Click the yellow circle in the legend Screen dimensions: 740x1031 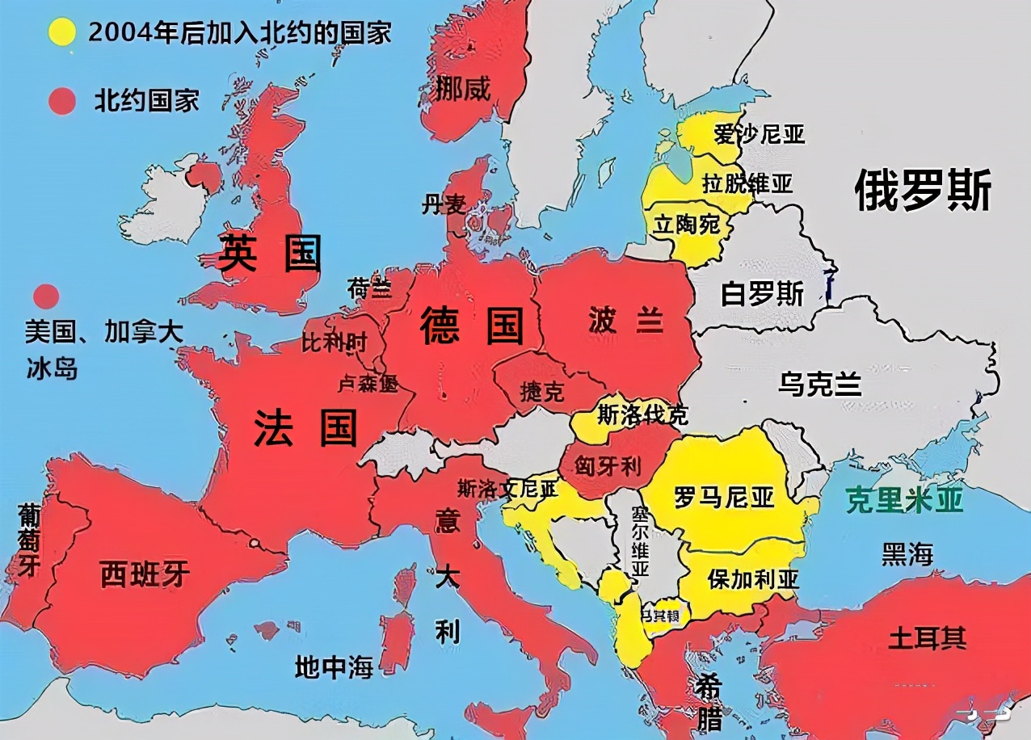tap(61, 32)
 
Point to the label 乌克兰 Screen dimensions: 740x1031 tap(819, 384)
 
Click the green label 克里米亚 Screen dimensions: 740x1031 tap(904, 501)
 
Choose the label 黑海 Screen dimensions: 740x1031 tap(907, 554)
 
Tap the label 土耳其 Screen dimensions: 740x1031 tap(927, 637)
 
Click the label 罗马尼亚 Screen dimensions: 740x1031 tap(724, 497)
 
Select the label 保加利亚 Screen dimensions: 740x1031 tap(753, 579)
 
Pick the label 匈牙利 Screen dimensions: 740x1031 tap(608, 465)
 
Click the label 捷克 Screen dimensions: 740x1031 tap(541, 393)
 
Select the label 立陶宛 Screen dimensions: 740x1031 tap(687, 224)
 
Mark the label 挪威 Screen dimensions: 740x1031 tap(463, 89)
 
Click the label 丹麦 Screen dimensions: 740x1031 tap(444, 205)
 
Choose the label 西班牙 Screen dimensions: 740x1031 tap(145, 574)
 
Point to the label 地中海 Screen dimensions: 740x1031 tap(334, 667)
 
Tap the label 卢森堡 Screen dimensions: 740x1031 tap(368, 384)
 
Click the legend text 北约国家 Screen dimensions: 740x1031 tap(146, 101)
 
